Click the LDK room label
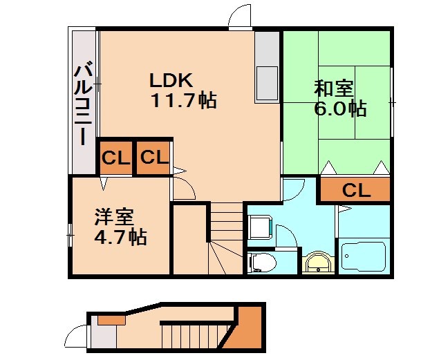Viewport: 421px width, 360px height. tap(171, 79)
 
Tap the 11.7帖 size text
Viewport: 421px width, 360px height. tap(183, 101)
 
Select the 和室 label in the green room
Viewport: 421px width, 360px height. tap(335, 88)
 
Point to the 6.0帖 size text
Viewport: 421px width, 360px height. tap(340, 108)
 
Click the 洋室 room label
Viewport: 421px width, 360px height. tap(114, 217)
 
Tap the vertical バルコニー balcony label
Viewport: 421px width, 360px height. tap(84, 104)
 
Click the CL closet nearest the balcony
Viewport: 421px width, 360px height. tap(115, 158)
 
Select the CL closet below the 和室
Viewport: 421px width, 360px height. tap(356, 191)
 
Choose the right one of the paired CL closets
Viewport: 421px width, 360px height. tap(154, 158)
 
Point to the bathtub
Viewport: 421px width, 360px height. tap(363, 256)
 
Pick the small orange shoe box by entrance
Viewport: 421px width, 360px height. tap(111, 319)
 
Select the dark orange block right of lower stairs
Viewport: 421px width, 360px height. tap(248, 330)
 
